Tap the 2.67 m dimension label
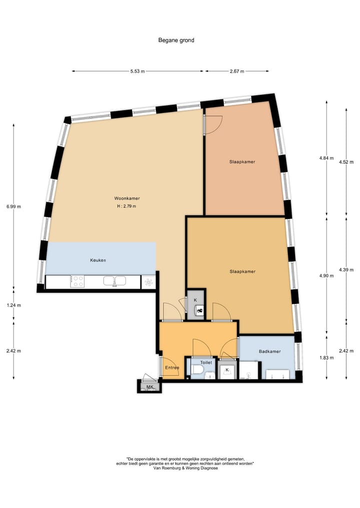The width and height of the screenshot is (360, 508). (x=236, y=71)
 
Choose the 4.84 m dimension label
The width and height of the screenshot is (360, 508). (x=326, y=158)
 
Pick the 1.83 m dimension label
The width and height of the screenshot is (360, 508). (x=326, y=357)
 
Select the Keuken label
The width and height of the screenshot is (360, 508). (x=98, y=260)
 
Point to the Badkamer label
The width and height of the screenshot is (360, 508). (x=269, y=351)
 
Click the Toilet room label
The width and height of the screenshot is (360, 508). (x=206, y=363)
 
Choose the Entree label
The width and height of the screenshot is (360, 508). (x=171, y=368)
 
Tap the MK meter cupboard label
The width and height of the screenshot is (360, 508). (x=149, y=387)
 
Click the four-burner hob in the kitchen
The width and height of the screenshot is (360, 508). (x=77, y=281)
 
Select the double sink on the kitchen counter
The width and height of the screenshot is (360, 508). (x=114, y=281)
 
